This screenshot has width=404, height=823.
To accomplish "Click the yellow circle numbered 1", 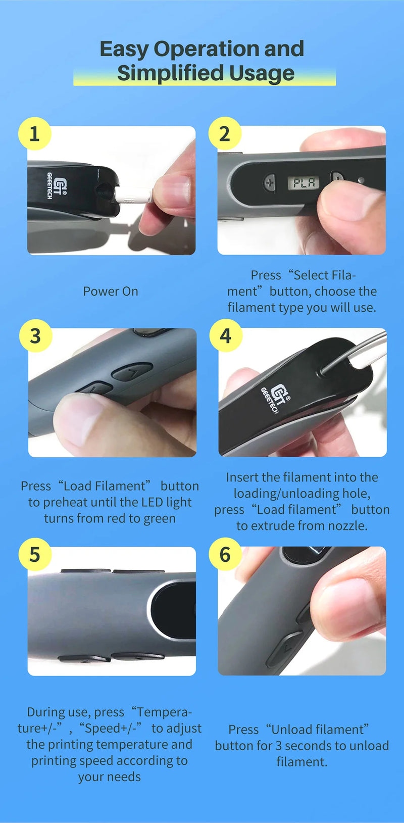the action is click(x=34, y=133).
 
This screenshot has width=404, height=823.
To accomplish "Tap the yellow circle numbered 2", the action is click(x=225, y=133).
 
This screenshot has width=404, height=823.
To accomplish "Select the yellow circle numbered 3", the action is click(x=36, y=336).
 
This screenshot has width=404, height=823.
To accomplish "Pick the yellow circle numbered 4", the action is click(x=226, y=336).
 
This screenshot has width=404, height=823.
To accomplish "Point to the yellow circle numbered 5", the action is click(x=35, y=554).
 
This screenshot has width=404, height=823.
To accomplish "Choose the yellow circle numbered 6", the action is click(x=225, y=554).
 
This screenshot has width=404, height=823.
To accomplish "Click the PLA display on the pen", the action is click(x=304, y=182).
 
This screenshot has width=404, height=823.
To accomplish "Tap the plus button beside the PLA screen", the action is click(x=270, y=182).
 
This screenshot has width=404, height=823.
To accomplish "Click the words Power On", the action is click(x=111, y=292).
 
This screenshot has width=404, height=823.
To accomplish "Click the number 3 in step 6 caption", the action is click(x=278, y=746).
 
